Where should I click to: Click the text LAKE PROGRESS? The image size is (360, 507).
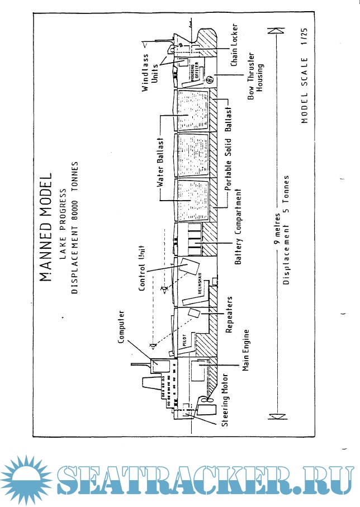click(63, 226)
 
